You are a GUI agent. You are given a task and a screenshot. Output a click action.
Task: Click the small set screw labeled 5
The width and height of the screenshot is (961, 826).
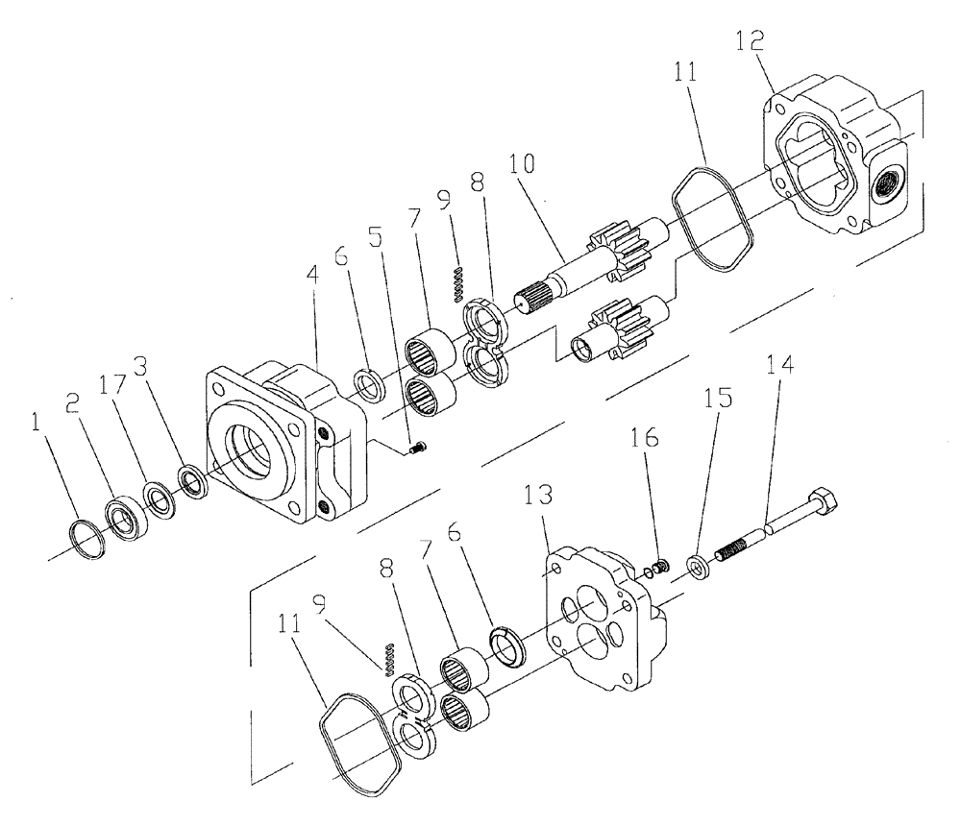tap(416, 448)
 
